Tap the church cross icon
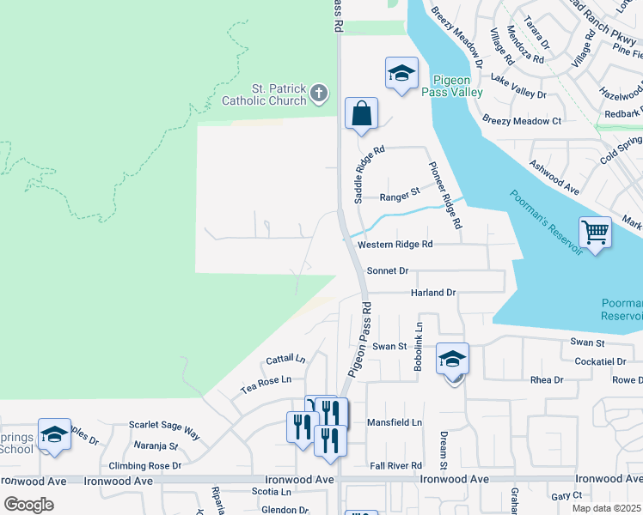(319, 92)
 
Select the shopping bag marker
(362, 114)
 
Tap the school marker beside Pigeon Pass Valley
(401, 75)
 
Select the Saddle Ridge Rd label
(358, 174)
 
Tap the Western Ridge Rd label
(395, 245)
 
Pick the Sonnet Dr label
(388, 270)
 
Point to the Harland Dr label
(432, 293)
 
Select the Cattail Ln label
(285, 359)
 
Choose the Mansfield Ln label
(395, 422)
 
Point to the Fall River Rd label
(395, 465)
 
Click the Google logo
(29, 504)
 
